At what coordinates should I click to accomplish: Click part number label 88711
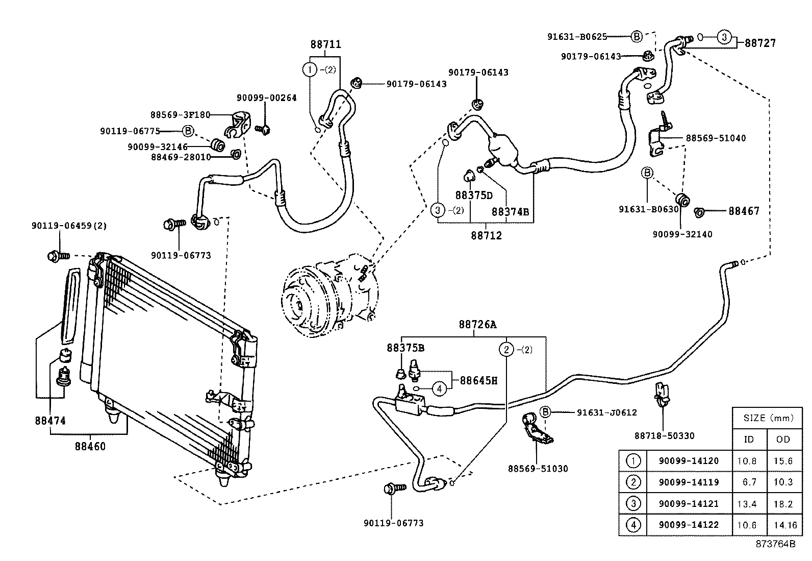click(x=325, y=45)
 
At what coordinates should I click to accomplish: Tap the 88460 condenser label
click(x=90, y=447)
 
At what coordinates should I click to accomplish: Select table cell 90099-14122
click(x=689, y=525)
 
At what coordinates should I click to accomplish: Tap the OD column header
click(x=783, y=439)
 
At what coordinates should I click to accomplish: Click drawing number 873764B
click(x=775, y=544)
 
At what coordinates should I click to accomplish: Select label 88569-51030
click(x=538, y=469)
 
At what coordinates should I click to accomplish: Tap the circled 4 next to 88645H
click(x=439, y=388)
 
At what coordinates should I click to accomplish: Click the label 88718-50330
click(x=664, y=435)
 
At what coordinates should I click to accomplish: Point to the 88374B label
click(x=510, y=211)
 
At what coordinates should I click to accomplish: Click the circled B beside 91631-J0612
click(x=545, y=412)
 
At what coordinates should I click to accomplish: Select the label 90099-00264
click(x=266, y=98)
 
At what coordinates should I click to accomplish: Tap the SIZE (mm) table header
click(x=768, y=418)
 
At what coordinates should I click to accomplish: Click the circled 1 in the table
click(x=632, y=461)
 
